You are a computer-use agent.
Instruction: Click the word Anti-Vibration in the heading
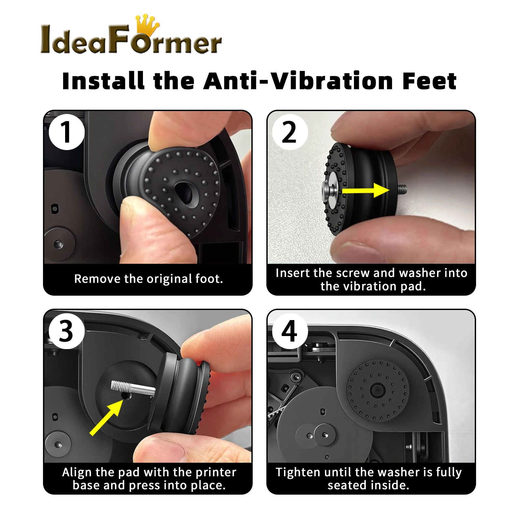(298, 81)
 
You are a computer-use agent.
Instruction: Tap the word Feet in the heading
(429, 81)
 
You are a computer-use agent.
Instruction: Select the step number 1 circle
(67, 132)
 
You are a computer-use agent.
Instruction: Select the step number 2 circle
(290, 132)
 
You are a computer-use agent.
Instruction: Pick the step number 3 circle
(67, 331)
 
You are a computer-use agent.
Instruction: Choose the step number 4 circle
(290, 331)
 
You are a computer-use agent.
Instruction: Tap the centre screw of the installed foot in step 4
(377, 389)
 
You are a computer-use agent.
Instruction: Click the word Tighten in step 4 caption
(298, 472)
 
